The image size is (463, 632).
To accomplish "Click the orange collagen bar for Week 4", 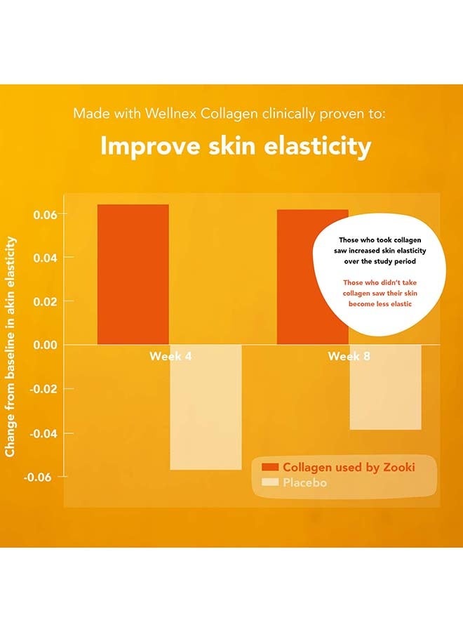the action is pos(133,275).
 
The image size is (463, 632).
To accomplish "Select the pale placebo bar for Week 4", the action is pos(206,407).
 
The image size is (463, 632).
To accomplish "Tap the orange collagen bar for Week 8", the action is pos(312,277).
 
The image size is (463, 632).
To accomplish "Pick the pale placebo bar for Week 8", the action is pos(385,387).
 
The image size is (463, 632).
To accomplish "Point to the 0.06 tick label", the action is pos(45,215).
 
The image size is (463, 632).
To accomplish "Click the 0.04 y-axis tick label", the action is pos(45,258).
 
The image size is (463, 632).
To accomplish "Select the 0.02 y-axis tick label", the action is pos(45,301).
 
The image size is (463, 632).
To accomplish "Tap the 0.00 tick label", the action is pos(45,345).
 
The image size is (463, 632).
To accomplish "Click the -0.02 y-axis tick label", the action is pos(43,389).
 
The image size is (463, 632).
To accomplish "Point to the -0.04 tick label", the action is pos(43,434).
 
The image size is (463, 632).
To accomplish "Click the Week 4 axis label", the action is pos(170,356).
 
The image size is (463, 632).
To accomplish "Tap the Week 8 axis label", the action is pos(349,356).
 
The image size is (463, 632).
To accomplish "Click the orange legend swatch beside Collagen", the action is pos(270,467).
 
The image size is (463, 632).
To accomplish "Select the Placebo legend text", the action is pos(304,482).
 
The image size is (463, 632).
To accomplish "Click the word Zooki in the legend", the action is pos(399,467).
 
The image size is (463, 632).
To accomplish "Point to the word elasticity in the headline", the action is pos(318,146).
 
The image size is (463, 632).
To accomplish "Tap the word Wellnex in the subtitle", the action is pos(170,113).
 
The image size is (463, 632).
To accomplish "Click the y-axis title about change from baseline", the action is pos(10,347).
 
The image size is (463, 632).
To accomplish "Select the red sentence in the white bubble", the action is pos(380,293).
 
